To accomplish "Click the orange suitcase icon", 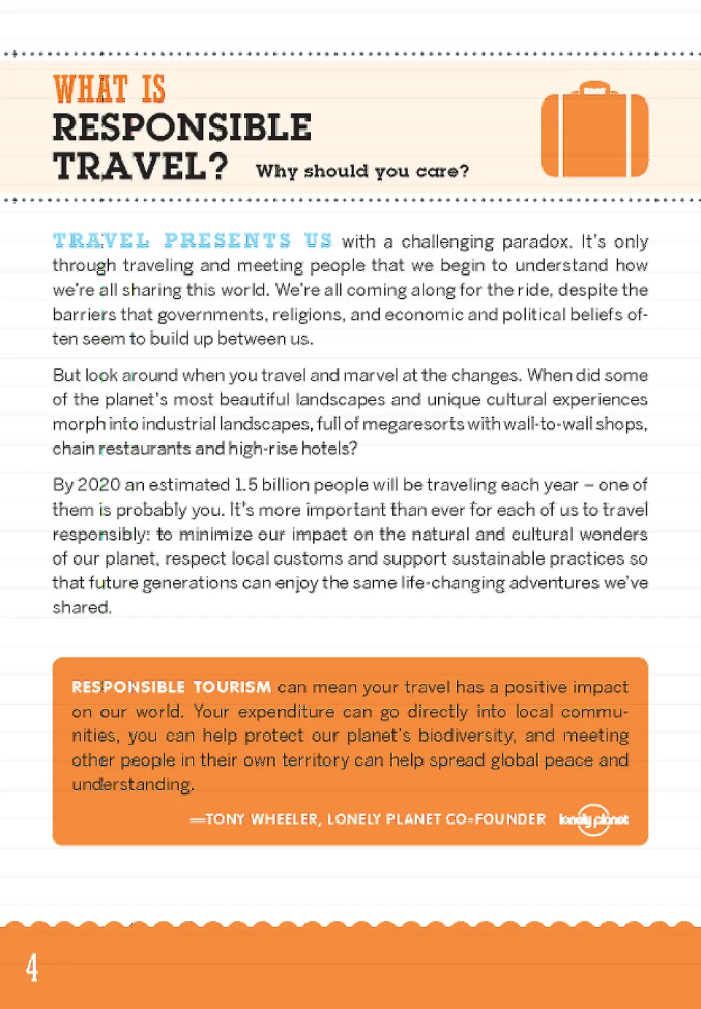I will click(594, 135).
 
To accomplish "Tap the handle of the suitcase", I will click(595, 88).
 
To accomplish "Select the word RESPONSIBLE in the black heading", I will click(182, 128).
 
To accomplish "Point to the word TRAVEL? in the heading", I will click(140, 167).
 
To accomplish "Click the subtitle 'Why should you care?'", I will click(362, 172).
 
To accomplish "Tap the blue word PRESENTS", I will click(227, 240).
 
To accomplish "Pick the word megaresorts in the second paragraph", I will click(413, 424).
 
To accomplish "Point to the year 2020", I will click(99, 485).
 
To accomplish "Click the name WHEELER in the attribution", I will click(285, 820).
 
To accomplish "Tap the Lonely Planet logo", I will click(593, 820).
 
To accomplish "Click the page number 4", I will click(32, 968).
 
